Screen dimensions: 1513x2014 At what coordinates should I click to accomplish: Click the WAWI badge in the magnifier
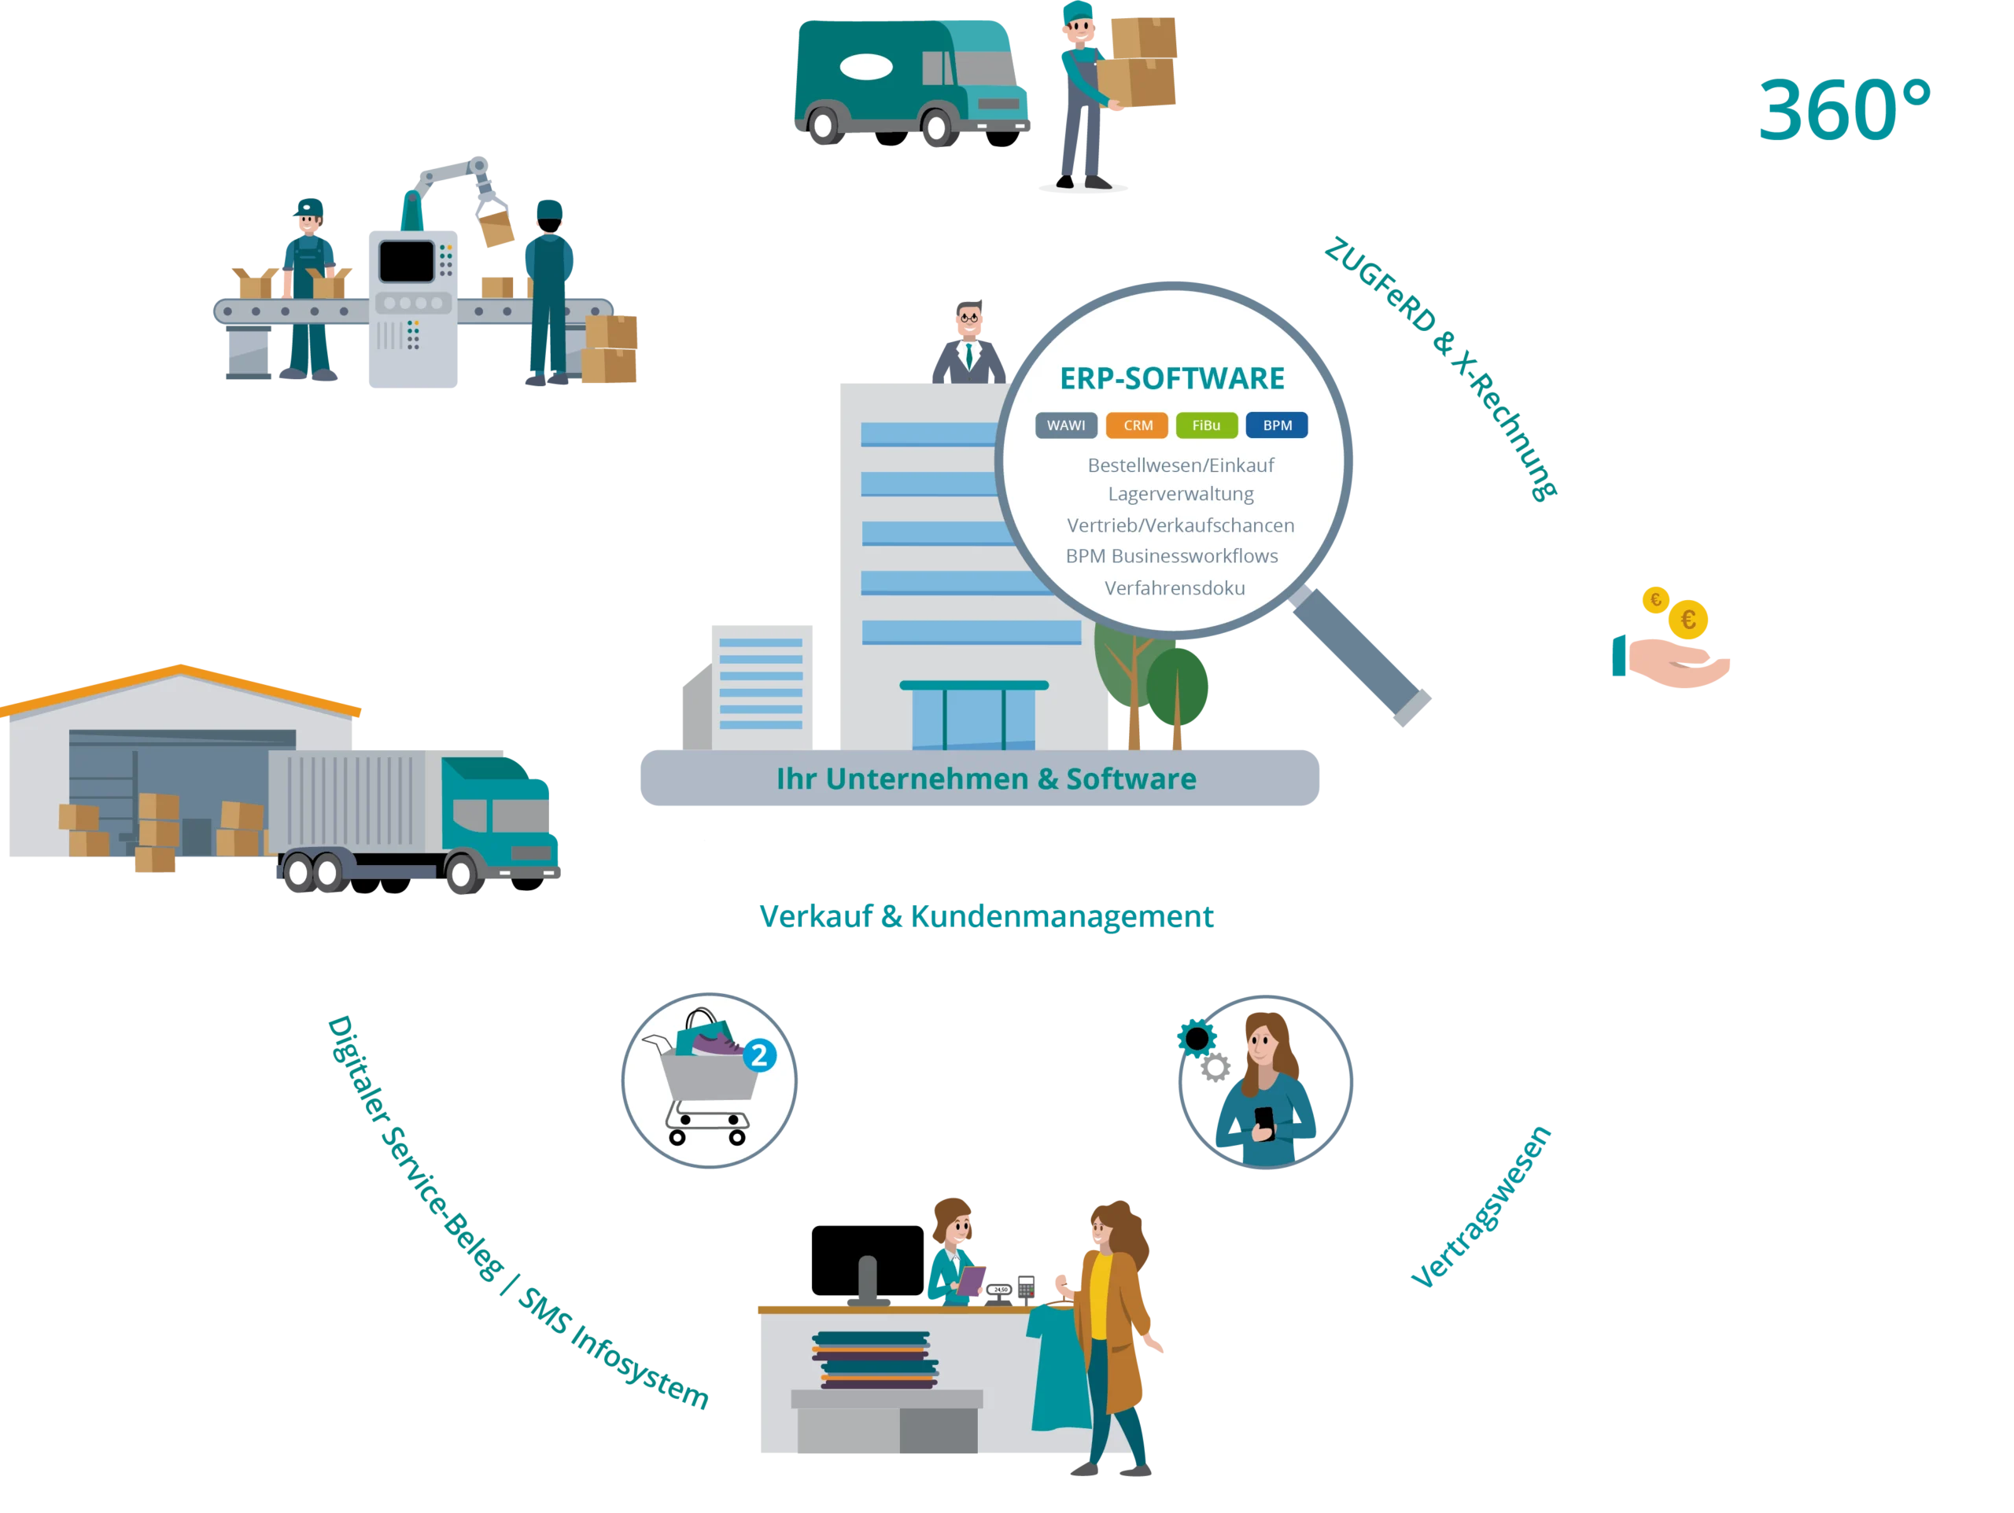pos(1065,425)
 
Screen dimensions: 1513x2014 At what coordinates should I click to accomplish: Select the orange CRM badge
pos(1137,425)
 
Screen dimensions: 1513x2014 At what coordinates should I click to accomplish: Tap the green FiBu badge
pos(1206,425)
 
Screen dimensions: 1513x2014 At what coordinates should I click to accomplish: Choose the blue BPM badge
pos(1277,425)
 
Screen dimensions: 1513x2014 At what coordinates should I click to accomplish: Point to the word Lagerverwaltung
pos(1180,493)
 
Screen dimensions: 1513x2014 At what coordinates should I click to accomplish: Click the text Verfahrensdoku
pos(1175,588)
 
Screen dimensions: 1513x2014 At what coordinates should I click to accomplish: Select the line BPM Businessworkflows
pos(1171,555)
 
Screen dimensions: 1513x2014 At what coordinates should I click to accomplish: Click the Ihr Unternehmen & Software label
pos(986,779)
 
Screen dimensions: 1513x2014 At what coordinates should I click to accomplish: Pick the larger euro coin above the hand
pos(1688,620)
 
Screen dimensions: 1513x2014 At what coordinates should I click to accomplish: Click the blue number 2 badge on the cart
pos(759,1056)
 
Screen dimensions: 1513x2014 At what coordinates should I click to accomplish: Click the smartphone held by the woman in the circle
pos(1263,1119)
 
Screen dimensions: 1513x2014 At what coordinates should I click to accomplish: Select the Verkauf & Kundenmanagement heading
pos(986,917)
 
